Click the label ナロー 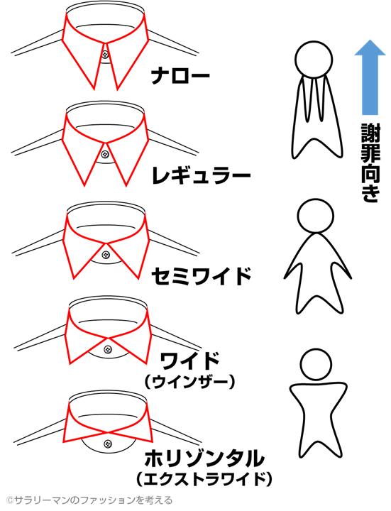[180, 76]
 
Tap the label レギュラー [202, 176]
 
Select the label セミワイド [202, 276]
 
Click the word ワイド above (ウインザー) [189, 361]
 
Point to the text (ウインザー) [189, 382]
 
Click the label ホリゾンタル [204, 458]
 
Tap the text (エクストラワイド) [204, 479]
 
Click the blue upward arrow [370, 77]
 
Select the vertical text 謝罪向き [370, 163]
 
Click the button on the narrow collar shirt [105, 54]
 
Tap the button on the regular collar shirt [105, 154]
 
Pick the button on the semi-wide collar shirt [105, 254]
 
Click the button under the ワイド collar [108, 350]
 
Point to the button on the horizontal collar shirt [108, 444]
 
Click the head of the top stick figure [314, 60]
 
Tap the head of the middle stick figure [315, 216]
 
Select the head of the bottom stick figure [316, 364]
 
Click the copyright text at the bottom [89, 500]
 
